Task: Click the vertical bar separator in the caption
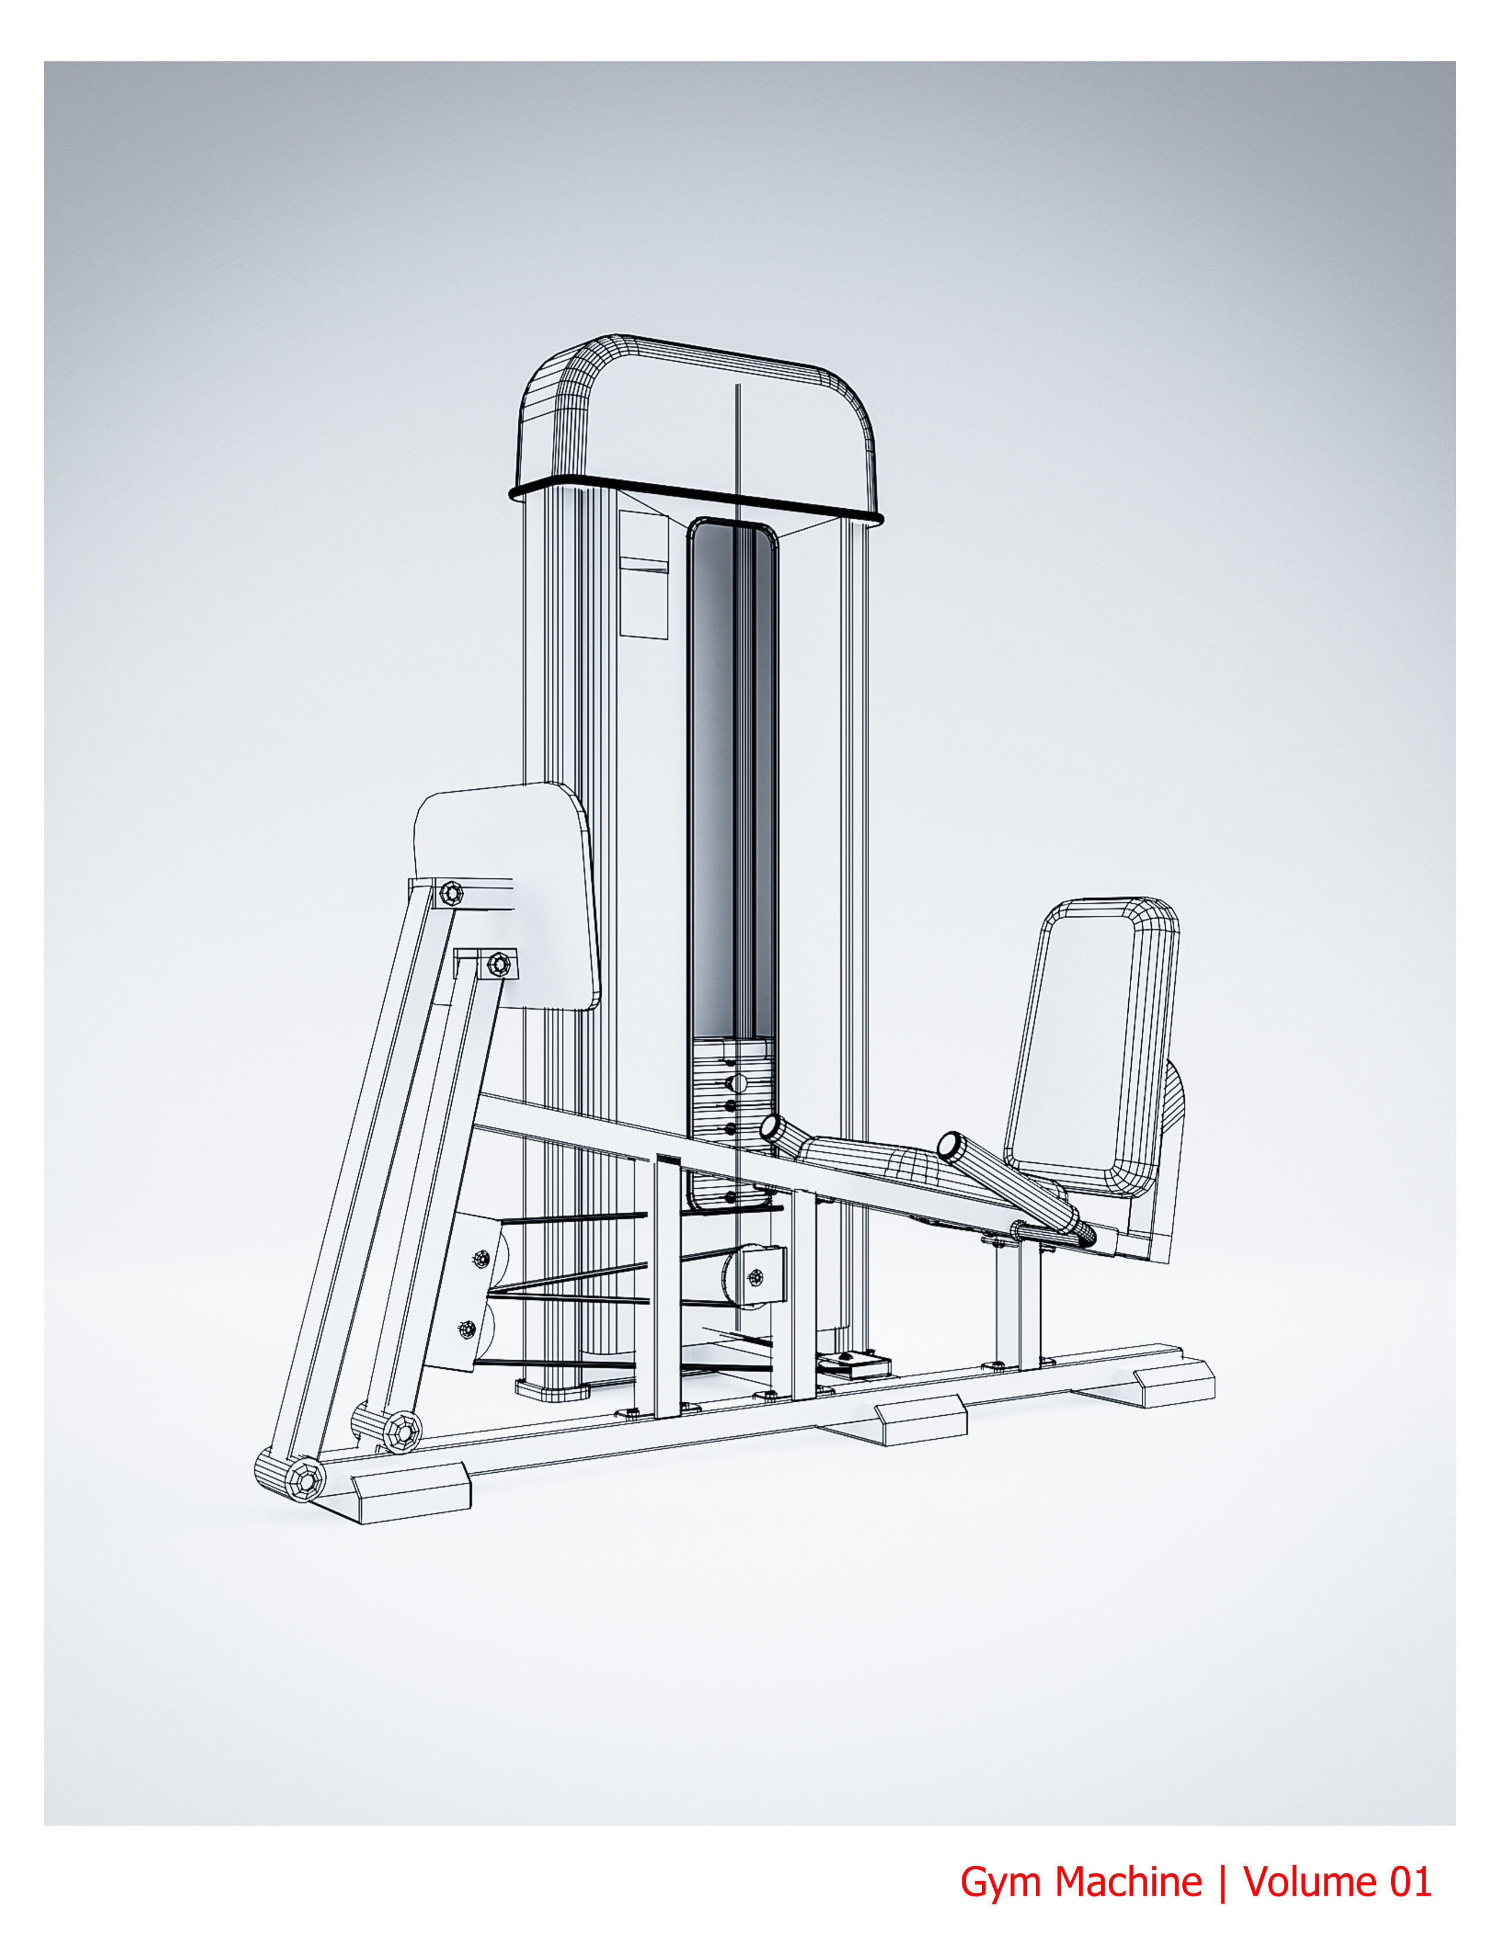[x=1223, y=1882]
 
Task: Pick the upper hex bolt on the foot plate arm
[x=452, y=892]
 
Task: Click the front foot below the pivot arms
[x=411, y=1491]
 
